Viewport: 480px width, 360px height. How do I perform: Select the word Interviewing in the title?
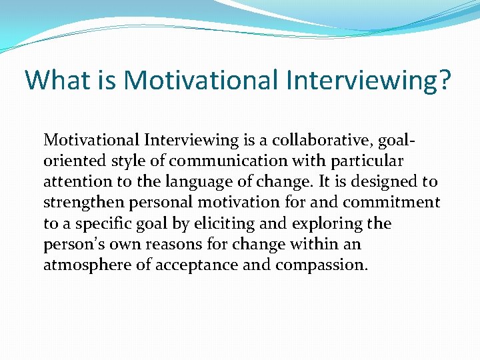[351, 80]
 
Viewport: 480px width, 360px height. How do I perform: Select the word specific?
[98, 223]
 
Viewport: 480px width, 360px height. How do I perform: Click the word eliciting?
[221, 223]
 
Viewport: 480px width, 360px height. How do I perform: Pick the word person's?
[72, 243]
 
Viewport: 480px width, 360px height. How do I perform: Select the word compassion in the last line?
[320, 265]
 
